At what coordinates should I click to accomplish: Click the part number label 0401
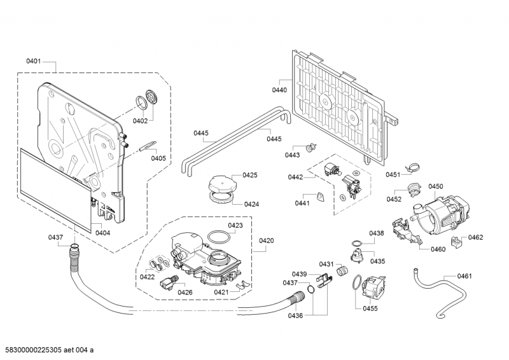pyautogui.click(x=34, y=62)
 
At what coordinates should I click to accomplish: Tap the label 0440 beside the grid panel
pyautogui.click(x=280, y=90)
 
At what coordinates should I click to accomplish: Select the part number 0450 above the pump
pyautogui.click(x=435, y=186)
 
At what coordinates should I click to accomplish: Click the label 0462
pyautogui.click(x=476, y=237)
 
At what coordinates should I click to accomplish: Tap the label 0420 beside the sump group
pyautogui.click(x=266, y=240)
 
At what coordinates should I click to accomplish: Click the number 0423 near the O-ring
pyautogui.click(x=235, y=226)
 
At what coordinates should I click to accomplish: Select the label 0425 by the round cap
pyautogui.click(x=249, y=175)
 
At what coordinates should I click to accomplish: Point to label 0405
pyautogui.click(x=158, y=158)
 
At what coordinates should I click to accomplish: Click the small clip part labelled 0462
pyautogui.click(x=456, y=242)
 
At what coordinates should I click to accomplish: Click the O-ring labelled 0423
pyautogui.click(x=218, y=237)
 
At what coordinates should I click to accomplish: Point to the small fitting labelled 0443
pyautogui.click(x=310, y=148)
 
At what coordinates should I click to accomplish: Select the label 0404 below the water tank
pyautogui.click(x=102, y=233)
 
